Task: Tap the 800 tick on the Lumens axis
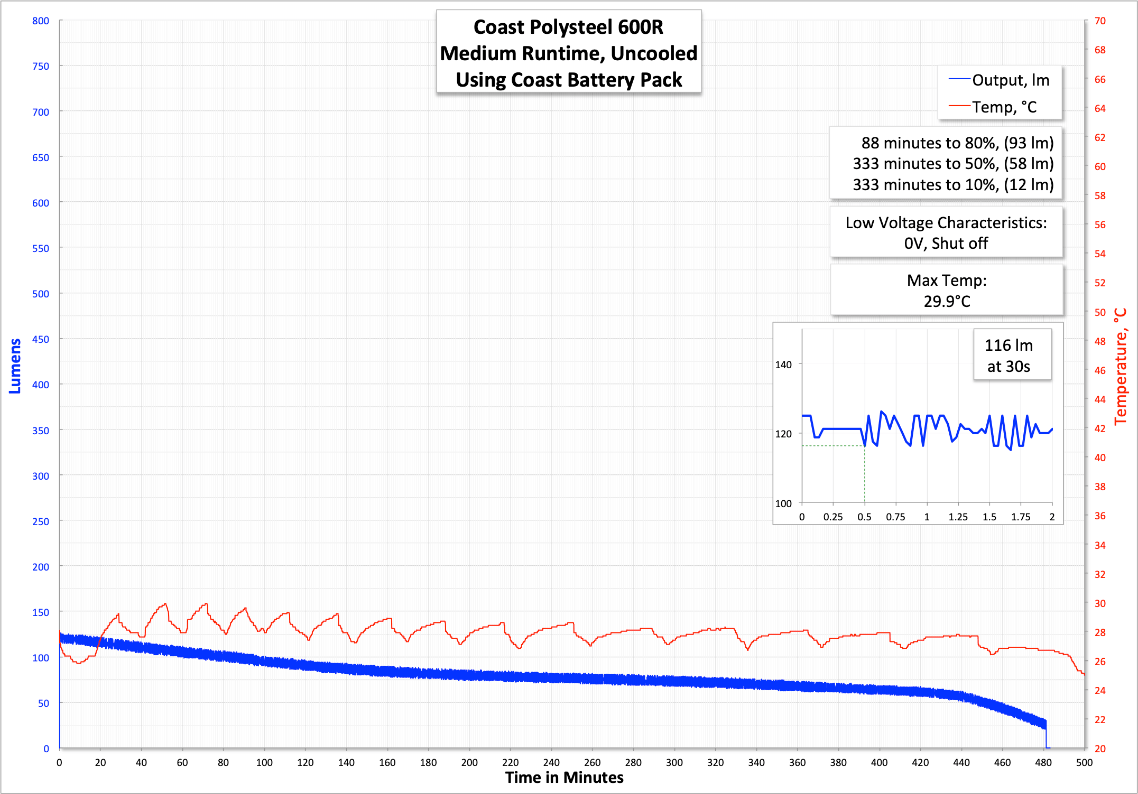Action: pos(41,21)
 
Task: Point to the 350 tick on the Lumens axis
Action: pos(41,431)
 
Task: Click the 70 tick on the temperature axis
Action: pos(1100,21)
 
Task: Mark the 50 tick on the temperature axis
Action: pos(1100,312)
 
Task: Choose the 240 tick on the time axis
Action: pos(551,762)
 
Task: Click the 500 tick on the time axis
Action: pos(1084,762)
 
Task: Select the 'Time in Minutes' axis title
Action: pos(564,778)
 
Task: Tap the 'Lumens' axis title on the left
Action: pos(15,366)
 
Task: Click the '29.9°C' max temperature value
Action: pos(947,302)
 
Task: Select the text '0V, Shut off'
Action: pos(946,244)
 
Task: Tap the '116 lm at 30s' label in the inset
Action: pos(1009,356)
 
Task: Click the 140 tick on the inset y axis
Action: pos(783,365)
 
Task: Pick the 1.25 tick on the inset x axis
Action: pos(958,517)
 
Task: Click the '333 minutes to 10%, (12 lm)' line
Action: pos(953,185)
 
